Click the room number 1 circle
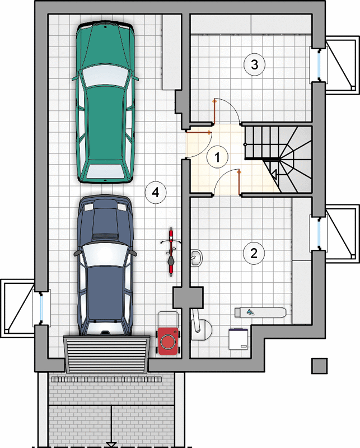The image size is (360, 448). (217, 157)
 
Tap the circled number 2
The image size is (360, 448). (254, 253)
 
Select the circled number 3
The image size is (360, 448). (254, 64)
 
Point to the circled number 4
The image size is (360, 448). (156, 193)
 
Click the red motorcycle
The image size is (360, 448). (171, 251)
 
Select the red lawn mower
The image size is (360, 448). (168, 341)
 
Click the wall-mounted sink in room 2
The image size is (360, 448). (196, 258)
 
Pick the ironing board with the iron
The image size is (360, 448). (260, 312)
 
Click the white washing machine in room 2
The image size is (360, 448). (239, 339)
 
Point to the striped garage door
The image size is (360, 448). (106, 354)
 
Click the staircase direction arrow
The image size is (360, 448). (274, 174)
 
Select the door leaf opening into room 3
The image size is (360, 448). (214, 111)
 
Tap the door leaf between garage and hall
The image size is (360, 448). (199, 132)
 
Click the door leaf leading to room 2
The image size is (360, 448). (239, 183)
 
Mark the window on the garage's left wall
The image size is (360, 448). (42, 307)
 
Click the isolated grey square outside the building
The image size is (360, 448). (319, 366)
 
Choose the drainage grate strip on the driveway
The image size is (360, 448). (106, 380)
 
